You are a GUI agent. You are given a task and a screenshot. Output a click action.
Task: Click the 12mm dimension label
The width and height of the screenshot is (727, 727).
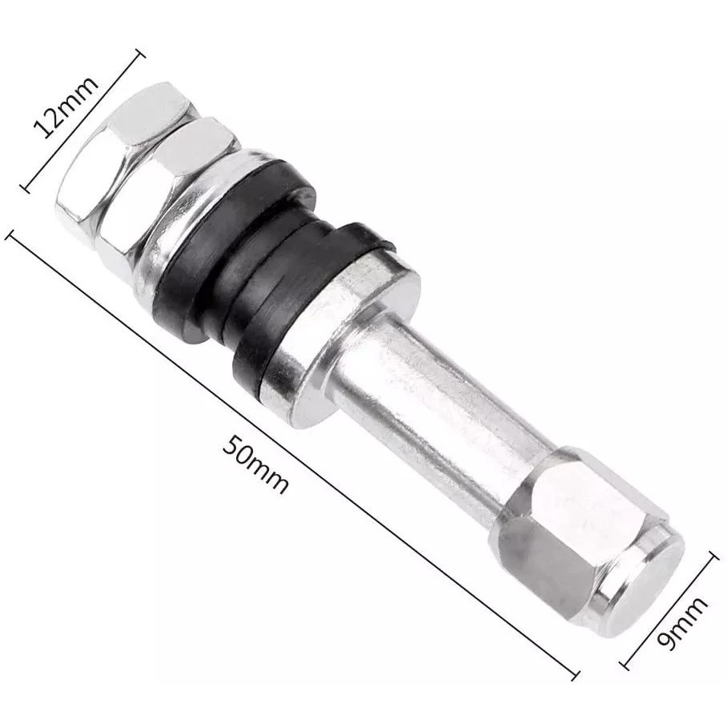(x=66, y=107)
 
